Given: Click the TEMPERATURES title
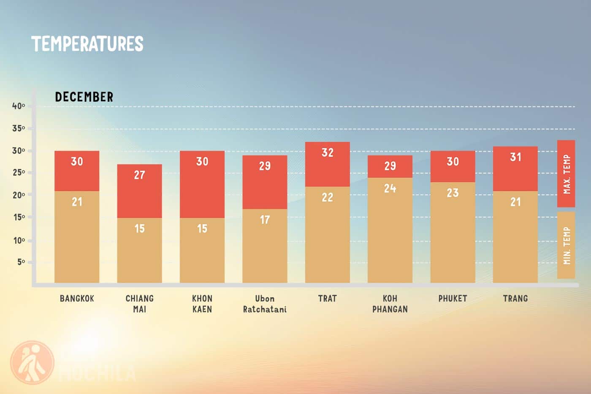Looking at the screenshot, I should pyautogui.click(x=87, y=44).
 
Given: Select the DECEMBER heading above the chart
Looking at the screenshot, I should pyautogui.click(x=84, y=97).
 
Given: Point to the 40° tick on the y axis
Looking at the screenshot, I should pyautogui.click(x=19, y=106).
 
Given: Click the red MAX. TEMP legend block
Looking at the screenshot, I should pyautogui.click(x=566, y=174).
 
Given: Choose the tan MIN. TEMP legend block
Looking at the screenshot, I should pyautogui.click(x=566, y=245).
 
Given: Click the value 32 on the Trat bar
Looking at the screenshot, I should pyautogui.click(x=328, y=152).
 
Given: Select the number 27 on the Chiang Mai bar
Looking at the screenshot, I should pyautogui.click(x=139, y=175).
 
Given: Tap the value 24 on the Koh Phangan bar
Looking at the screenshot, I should pyautogui.click(x=390, y=188).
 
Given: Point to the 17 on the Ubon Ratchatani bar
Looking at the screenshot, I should pyautogui.click(x=265, y=220).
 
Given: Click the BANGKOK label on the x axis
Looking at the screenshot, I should pyautogui.click(x=77, y=299).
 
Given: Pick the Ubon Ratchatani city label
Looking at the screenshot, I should pyautogui.click(x=265, y=304).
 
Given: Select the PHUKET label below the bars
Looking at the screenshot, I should pyautogui.click(x=453, y=299).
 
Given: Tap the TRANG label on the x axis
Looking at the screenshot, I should pyautogui.click(x=515, y=299).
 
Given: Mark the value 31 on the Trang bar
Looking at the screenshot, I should pyautogui.click(x=515, y=157).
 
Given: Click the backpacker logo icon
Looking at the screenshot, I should pyautogui.click(x=32, y=362).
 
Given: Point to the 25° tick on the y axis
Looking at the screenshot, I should pyautogui.click(x=19, y=173).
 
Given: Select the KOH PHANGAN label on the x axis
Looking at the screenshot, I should pyautogui.click(x=390, y=304).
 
